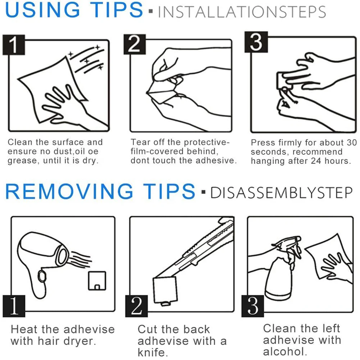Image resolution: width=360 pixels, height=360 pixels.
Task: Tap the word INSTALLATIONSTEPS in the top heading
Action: pyautogui.click(x=242, y=12)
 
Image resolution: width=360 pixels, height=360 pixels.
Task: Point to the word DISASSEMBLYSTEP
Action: pyautogui.click(x=282, y=192)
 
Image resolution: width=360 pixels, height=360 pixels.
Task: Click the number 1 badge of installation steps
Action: pyautogui.click(x=14, y=45)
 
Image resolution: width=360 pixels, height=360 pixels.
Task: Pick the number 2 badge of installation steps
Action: pyautogui.click(x=135, y=44)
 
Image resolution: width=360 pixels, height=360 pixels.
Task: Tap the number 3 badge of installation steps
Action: pyautogui.click(x=256, y=42)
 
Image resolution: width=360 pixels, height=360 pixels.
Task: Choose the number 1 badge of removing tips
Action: pyautogui.click(x=14, y=306)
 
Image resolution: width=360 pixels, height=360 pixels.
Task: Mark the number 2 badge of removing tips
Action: pyautogui.click(x=136, y=306)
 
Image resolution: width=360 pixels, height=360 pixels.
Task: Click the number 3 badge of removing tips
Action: pyautogui.click(x=252, y=306)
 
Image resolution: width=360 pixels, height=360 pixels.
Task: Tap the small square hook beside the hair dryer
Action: pyautogui.click(x=97, y=281)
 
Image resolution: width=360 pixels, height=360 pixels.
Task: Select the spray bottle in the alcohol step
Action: pyautogui.click(x=283, y=269)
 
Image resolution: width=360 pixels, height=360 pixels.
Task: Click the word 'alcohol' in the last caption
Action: pyautogui.click(x=285, y=351)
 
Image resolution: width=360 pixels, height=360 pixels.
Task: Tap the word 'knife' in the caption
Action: pyautogui.click(x=152, y=352)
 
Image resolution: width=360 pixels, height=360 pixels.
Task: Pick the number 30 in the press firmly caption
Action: pyautogui.click(x=352, y=142)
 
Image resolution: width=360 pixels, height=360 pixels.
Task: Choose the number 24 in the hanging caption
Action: pyautogui.click(x=316, y=161)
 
